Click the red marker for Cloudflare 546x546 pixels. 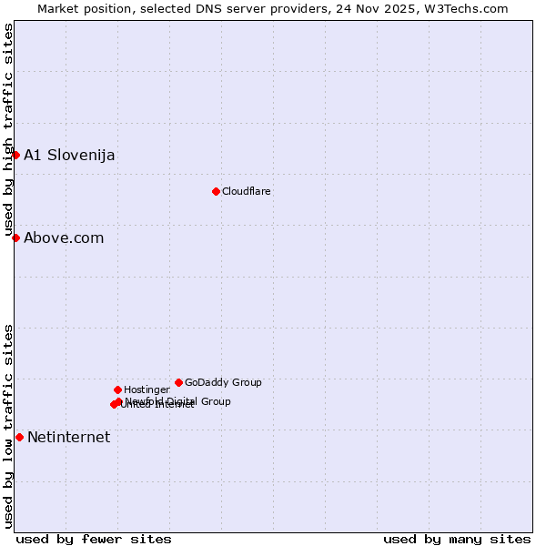click(216, 191)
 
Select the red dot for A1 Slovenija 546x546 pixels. click(15, 155)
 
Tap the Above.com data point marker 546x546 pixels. click(15, 238)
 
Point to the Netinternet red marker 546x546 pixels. click(19, 437)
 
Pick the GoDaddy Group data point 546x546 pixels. click(178, 382)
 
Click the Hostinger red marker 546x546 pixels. click(117, 389)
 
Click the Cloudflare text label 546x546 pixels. click(247, 191)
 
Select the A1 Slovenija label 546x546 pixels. click(69, 155)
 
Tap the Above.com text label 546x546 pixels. click(64, 238)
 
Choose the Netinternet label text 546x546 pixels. click(68, 438)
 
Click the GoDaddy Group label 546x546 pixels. click(223, 382)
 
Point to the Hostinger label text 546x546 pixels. click(147, 389)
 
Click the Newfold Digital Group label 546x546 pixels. click(178, 401)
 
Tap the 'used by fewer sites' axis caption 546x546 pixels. click(94, 539)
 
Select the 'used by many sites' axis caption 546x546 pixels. click(457, 539)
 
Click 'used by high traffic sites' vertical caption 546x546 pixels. click(8, 130)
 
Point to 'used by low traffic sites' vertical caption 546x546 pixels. click(8, 426)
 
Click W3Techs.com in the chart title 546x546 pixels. click(467, 8)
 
